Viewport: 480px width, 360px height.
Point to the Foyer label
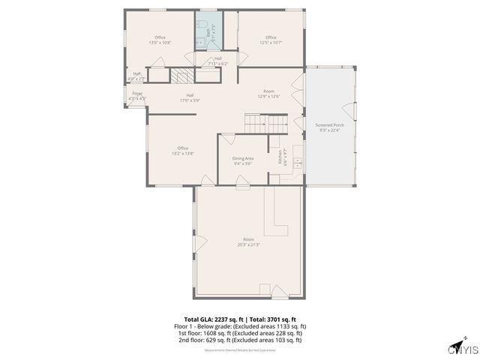(x=137, y=96)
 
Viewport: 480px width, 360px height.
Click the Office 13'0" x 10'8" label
(x=160, y=40)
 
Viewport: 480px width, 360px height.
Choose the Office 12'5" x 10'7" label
(x=271, y=40)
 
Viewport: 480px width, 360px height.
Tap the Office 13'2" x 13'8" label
(x=182, y=151)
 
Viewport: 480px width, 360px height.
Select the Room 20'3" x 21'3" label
(x=248, y=241)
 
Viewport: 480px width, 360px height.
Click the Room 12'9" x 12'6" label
(x=268, y=94)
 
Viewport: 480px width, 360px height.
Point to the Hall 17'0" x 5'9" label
(x=190, y=97)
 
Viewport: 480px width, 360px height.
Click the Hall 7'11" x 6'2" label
(x=217, y=61)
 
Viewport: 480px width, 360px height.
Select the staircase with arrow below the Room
(x=266, y=123)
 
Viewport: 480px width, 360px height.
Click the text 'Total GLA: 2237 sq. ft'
(x=211, y=319)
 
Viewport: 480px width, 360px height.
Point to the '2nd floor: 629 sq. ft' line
(x=239, y=340)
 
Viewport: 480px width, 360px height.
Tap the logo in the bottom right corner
(x=463, y=349)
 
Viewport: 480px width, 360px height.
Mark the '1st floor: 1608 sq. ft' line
(x=239, y=333)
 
